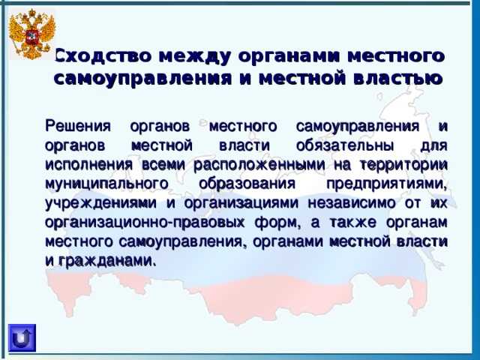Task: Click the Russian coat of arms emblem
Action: coord(31,34)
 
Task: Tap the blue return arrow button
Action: coord(22,338)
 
